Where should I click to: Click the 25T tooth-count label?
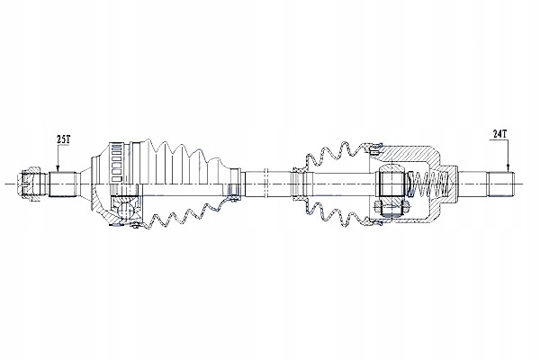[x=63, y=139]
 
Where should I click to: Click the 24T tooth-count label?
[x=499, y=134]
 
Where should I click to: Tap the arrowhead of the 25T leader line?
[x=58, y=169]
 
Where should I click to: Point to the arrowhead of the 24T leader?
[x=508, y=169]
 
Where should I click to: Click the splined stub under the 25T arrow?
[x=62, y=184]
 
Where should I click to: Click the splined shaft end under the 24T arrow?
[x=500, y=184]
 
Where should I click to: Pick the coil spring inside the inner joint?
[x=427, y=184]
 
